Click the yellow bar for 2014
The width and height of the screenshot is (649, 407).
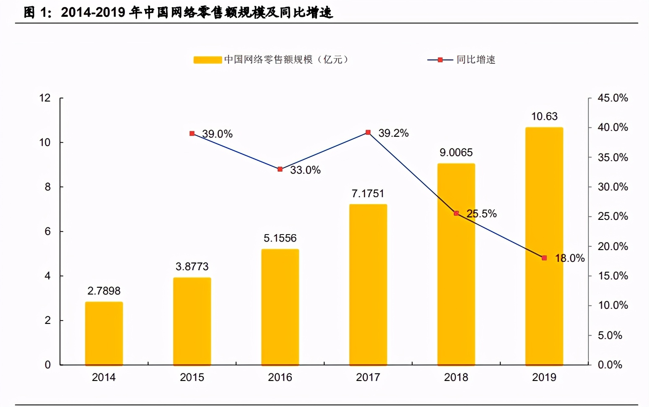point(104,334)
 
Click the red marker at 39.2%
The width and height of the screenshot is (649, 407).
point(368,133)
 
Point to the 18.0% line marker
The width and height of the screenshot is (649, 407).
point(544,258)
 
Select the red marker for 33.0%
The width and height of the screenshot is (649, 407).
point(280,169)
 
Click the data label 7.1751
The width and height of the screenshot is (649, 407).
point(368,193)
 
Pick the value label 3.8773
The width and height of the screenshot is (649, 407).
point(192,266)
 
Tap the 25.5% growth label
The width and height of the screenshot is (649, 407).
point(482,214)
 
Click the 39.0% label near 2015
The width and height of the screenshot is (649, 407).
point(217,134)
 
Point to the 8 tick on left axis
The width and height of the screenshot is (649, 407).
point(48,187)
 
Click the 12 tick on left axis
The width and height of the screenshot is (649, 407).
point(45,98)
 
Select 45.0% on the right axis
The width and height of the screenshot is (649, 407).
point(613,98)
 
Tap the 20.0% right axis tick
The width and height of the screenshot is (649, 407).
point(613,246)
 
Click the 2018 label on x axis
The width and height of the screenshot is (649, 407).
point(456,377)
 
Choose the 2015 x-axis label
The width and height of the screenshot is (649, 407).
point(192,377)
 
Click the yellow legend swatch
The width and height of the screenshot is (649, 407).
point(208,60)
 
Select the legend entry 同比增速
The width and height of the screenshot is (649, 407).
point(475,60)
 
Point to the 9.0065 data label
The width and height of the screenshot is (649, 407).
point(456,152)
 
